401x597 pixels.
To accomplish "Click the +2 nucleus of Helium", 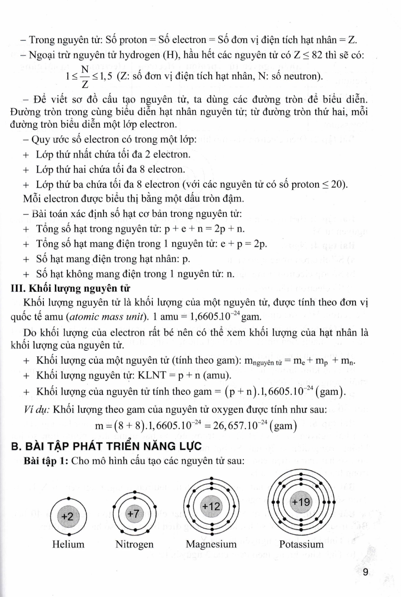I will click(68, 517).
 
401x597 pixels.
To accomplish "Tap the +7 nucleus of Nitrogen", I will click(134, 514).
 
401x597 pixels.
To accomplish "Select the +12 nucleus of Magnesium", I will click(211, 506).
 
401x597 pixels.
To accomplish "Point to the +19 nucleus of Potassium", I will click(301, 502).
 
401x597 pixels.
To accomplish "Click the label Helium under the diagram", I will click(68, 544).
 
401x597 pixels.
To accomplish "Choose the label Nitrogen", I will click(134, 544).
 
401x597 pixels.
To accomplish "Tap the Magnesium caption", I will click(211, 544).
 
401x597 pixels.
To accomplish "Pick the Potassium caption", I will click(301, 544).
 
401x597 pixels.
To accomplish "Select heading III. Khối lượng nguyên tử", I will click(70, 288).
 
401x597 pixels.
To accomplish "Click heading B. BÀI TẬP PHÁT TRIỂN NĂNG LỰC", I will click(106, 446).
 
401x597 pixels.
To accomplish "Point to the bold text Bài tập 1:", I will click(47, 461).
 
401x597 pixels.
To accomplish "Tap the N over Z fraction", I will click(85, 76).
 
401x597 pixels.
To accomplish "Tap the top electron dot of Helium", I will click(69, 498).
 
